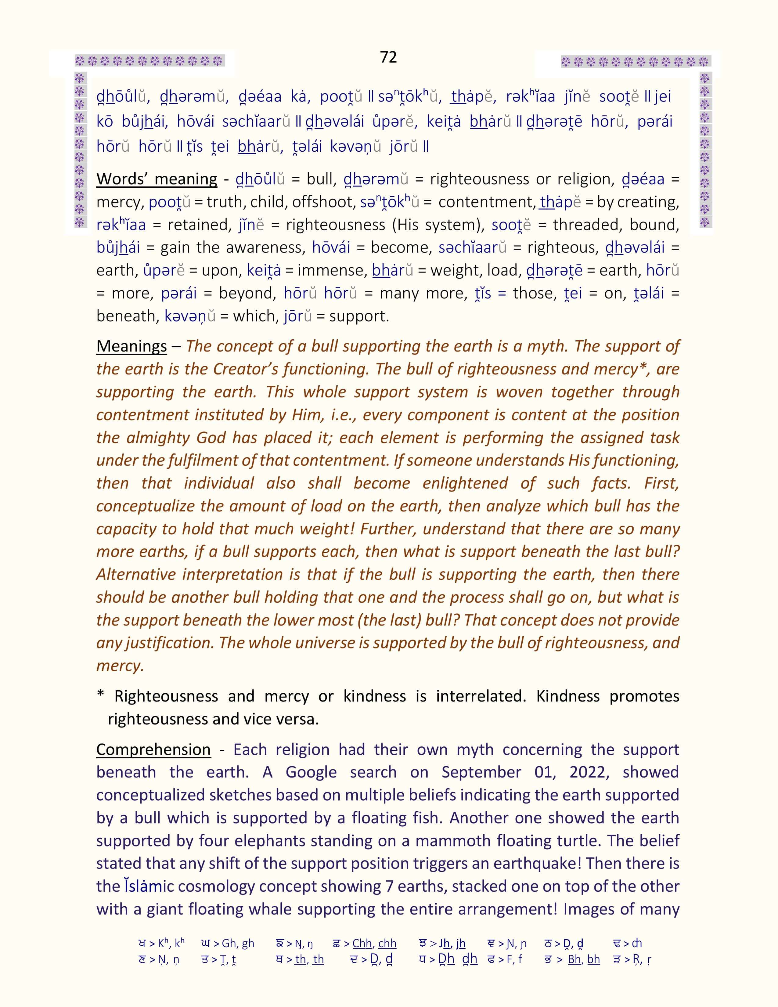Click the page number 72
click(x=388, y=57)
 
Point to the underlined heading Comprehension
click(x=153, y=750)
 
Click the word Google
click(x=311, y=772)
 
